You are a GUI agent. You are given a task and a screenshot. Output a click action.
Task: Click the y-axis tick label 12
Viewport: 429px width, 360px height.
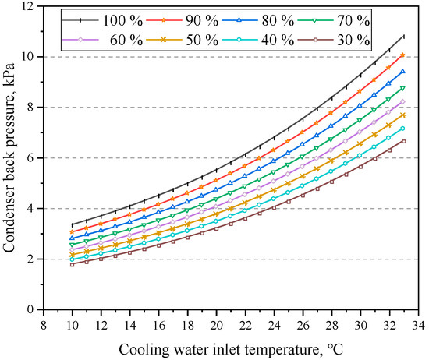point(30,6)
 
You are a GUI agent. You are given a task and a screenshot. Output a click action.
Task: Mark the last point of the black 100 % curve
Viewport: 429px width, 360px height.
point(404,36)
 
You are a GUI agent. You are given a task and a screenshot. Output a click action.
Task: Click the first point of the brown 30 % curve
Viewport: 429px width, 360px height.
point(72,264)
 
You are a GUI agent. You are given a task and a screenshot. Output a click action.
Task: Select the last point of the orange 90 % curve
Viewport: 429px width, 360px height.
point(404,55)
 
